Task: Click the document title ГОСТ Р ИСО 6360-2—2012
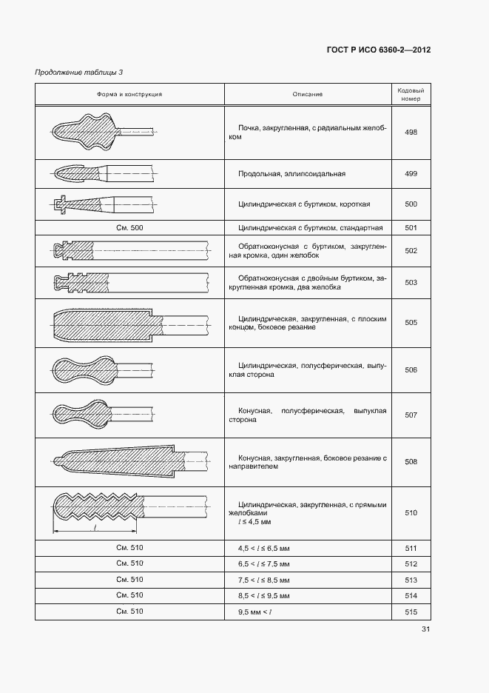pos(378,50)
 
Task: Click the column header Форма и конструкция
pos(129,94)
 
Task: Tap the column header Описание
pos(307,94)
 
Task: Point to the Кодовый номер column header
pos(411,94)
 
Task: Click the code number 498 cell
pos(411,133)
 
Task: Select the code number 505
pos(411,323)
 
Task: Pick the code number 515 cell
pos(411,612)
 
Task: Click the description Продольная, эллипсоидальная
pos(292,173)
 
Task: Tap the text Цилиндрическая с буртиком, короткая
pos(304,204)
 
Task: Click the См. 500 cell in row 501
pos(129,228)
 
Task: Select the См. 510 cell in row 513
pos(129,580)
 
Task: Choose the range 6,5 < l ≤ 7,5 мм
pos(264,564)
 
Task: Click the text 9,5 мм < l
pos(255,612)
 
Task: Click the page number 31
pos(425,629)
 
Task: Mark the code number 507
pos(411,415)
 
